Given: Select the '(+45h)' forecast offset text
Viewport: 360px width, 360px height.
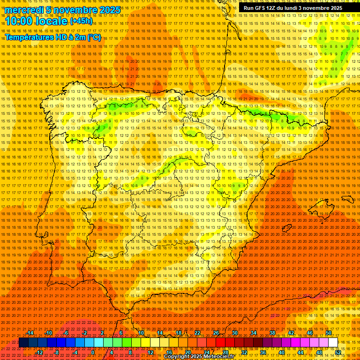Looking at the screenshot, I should click(x=81, y=21).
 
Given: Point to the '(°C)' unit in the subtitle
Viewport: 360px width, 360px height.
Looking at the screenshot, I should click(x=94, y=37).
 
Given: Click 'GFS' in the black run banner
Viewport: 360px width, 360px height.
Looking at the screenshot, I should click(x=264, y=8).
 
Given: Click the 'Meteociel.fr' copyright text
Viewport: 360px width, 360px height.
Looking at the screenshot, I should click(x=222, y=357).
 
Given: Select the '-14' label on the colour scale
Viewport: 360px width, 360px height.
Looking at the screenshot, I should click(x=30, y=333).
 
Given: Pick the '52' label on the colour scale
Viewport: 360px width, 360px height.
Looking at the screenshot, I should click(x=338, y=352).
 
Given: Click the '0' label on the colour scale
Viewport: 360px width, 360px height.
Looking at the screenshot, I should click(x=93, y=352).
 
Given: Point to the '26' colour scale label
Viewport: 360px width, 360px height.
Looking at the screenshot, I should click(x=216, y=333).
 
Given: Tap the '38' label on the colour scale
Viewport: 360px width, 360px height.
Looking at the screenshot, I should click(x=272, y=333).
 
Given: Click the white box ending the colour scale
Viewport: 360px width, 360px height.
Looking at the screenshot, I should click(x=333, y=343).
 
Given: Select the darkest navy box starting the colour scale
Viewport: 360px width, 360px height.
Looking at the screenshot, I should click(x=23, y=343).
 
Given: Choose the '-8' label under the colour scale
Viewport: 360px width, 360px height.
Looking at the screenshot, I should click(x=57, y=352).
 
